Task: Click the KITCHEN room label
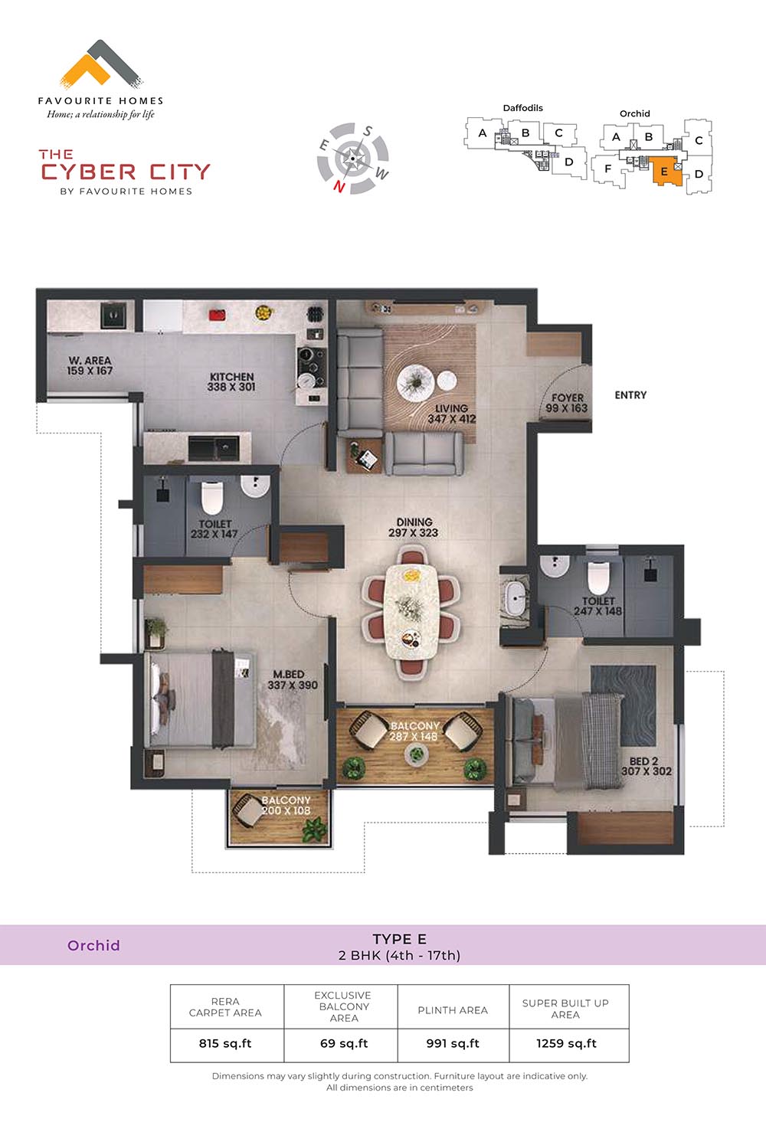(232, 377)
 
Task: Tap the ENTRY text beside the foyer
(630, 395)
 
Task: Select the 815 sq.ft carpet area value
(225, 1044)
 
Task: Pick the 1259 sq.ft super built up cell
(566, 1044)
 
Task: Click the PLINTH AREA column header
(453, 1010)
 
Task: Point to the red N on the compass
(339, 187)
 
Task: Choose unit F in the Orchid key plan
(608, 168)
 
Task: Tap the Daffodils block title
(523, 108)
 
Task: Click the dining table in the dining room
(411, 611)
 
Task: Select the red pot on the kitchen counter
(218, 315)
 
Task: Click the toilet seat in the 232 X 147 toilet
(212, 497)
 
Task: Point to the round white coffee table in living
(415, 382)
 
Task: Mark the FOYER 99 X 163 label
(567, 403)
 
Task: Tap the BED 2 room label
(643, 761)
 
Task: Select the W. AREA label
(90, 361)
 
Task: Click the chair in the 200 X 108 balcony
(247, 810)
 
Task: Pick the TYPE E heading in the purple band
(400, 940)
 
